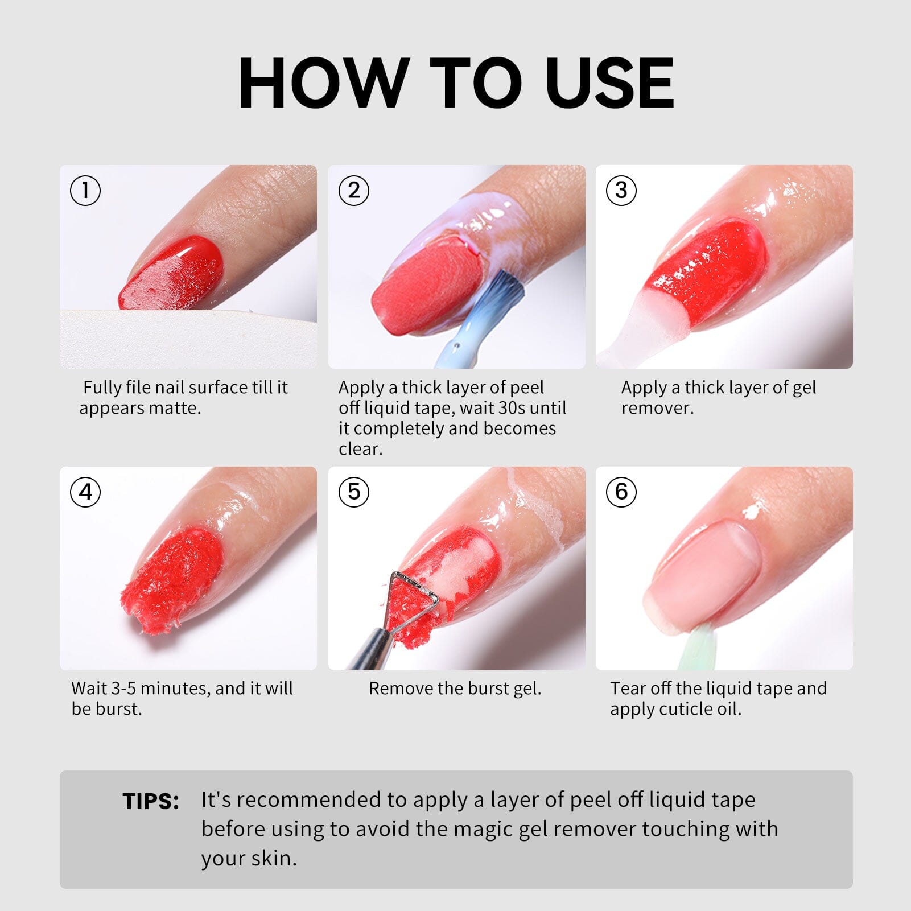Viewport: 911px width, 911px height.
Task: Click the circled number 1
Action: click(x=85, y=190)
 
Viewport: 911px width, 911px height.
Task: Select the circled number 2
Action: click(x=354, y=190)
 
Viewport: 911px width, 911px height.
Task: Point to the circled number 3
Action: click(x=621, y=190)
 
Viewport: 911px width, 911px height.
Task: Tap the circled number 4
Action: click(x=85, y=492)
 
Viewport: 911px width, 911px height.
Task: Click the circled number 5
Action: click(x=354, y=492)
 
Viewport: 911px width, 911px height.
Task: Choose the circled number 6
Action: click(x=621, y=492)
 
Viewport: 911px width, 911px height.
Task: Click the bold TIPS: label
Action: click(x=151, y=801)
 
